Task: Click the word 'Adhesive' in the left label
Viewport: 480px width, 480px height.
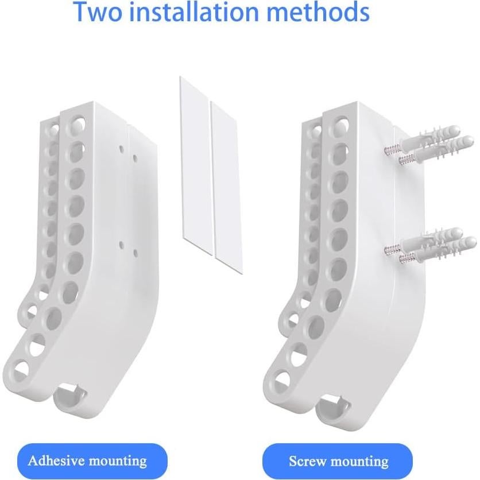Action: [56, 460]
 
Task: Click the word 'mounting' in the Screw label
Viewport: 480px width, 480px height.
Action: [360, 461]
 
